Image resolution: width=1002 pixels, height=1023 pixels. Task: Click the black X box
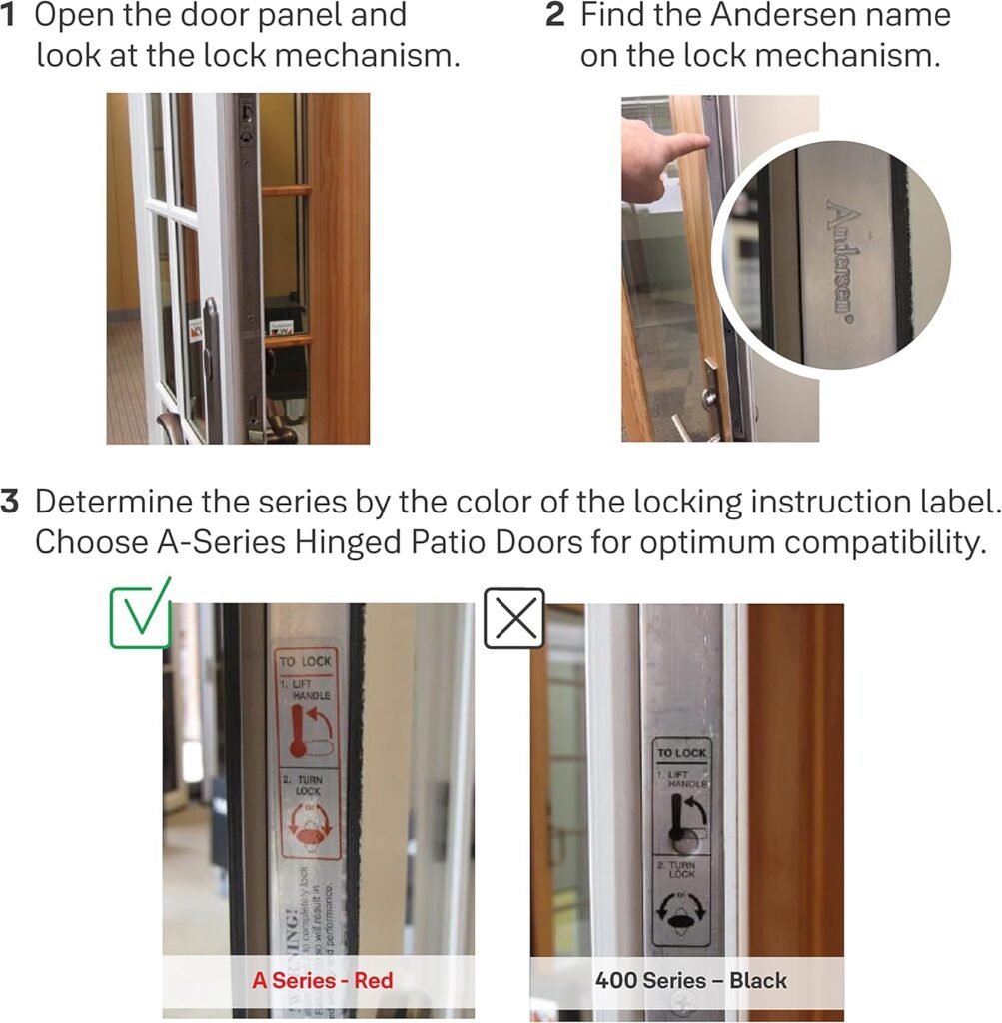coord(513,619)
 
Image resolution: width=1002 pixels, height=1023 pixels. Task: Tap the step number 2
coord(555,17)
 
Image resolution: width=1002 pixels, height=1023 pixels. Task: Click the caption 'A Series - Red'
coord(322,980)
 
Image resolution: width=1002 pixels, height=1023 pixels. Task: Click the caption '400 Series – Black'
coord(690,980)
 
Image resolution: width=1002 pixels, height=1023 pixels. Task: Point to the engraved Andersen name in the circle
coord(842,261)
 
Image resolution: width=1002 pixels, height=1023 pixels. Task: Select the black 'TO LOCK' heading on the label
coord(682,753)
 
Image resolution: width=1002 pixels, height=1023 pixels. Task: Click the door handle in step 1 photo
coord(211,350)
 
